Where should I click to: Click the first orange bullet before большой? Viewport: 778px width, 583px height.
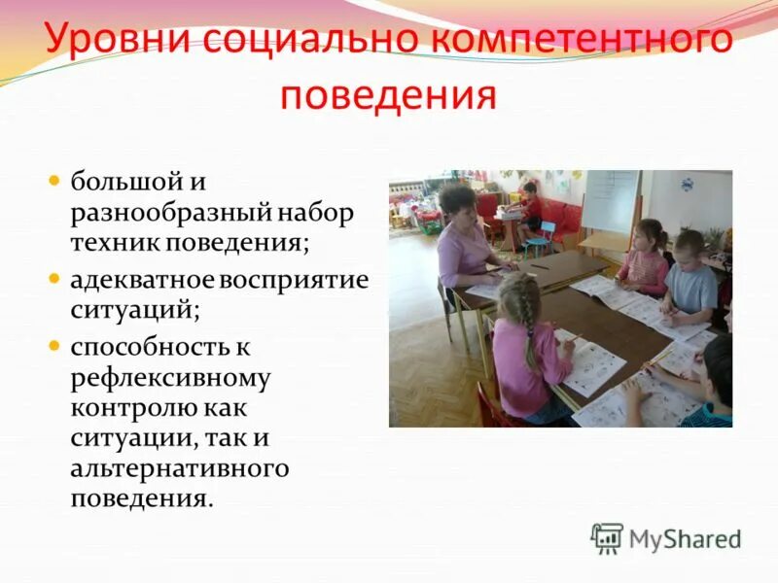click(x=55, y=181)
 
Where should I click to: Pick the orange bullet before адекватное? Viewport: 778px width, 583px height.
click(x=55, y=279)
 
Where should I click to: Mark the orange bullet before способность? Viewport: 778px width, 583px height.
click(x=55, y=344)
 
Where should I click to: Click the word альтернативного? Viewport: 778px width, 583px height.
click(x=180, y=468)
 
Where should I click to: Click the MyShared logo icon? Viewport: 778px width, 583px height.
click(x=607, y=538)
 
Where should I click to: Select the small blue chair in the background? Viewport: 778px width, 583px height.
click(x=545, y=236)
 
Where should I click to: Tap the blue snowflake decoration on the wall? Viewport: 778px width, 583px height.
click(x=688, y=184)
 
